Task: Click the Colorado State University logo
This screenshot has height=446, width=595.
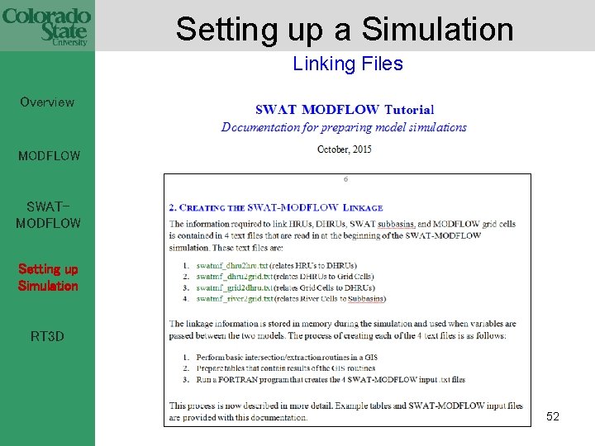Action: point(46,26)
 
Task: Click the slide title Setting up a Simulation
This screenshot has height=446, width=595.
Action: point(345,29)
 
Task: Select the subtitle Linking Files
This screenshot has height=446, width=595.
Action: point(347,64)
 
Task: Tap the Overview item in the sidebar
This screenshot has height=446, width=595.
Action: point(47,102)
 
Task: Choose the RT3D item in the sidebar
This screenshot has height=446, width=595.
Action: point(47,336)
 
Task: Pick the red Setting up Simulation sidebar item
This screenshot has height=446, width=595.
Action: point(48,278)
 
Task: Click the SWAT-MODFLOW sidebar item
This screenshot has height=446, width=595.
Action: point(48,215)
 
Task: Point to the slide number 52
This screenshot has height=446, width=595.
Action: point(553,417)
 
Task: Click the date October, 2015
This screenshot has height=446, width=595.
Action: point(345,149)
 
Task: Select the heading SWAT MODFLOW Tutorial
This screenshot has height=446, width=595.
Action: point(345,109)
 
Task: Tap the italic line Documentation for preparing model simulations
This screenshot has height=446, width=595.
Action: point(344,127)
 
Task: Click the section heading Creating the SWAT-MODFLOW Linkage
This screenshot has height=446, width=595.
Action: point(276,207)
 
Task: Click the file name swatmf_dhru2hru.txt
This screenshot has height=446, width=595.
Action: point(232,265)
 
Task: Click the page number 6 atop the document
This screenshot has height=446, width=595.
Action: point(345,179)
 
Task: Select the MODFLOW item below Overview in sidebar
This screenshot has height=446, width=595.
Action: point(50,155)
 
